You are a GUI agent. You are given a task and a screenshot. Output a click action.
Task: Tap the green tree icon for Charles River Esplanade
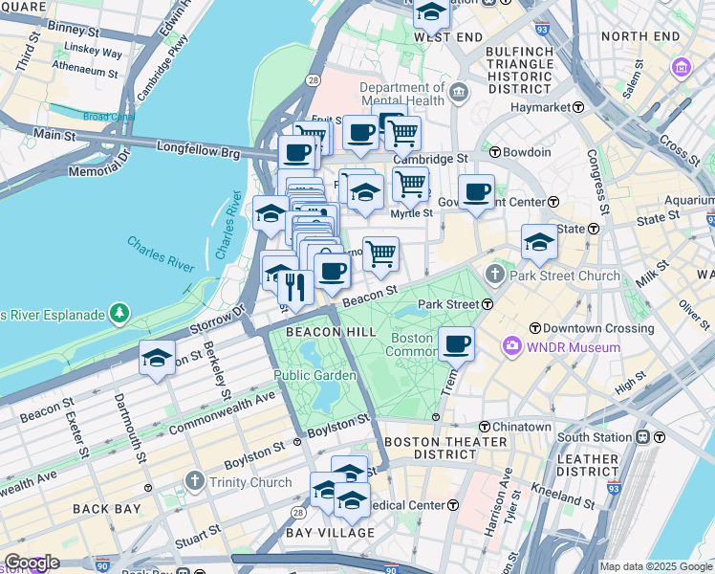(119, 313)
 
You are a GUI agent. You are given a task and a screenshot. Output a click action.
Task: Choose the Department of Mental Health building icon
(460, 94)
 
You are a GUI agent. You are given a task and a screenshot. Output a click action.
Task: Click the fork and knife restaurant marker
(295, 287)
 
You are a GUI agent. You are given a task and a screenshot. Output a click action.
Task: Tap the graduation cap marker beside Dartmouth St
(157, 359)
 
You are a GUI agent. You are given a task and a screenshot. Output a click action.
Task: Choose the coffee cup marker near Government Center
(475, 192)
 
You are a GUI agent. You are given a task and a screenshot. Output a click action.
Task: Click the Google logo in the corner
(31, 563)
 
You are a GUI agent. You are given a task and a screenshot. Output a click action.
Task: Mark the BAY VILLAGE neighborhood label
(330, 532)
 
